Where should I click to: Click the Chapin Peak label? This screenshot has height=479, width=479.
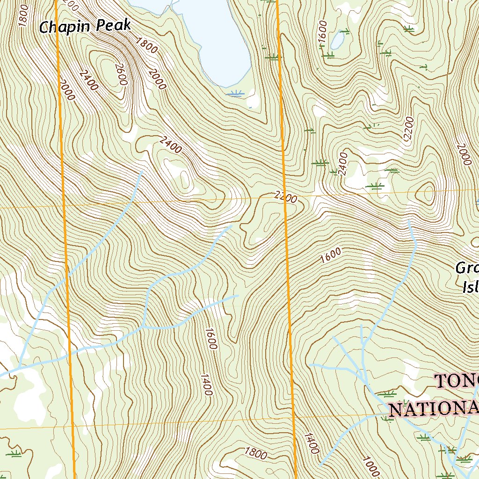[x=85, y=26]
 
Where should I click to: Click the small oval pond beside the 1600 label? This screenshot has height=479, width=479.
[x=337, y=40]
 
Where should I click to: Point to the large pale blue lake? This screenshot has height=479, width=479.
[x=215, y=37]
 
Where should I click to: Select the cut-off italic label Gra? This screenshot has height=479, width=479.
[x=467, y=269]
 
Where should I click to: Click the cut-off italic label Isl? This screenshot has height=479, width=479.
[x=470, y=287]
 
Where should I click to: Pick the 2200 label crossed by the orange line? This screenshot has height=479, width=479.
[x=286, y=198]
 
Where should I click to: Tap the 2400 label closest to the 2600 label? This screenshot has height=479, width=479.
[x=89, y=80]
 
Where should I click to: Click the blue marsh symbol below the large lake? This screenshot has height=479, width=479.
[x=236, y=94]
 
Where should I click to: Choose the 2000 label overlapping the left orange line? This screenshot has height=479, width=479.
[x=67, y=89]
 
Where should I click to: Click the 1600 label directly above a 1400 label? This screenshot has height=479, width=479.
[x=210, y=338]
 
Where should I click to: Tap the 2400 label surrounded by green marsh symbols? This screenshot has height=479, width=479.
[x=343, y=164]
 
